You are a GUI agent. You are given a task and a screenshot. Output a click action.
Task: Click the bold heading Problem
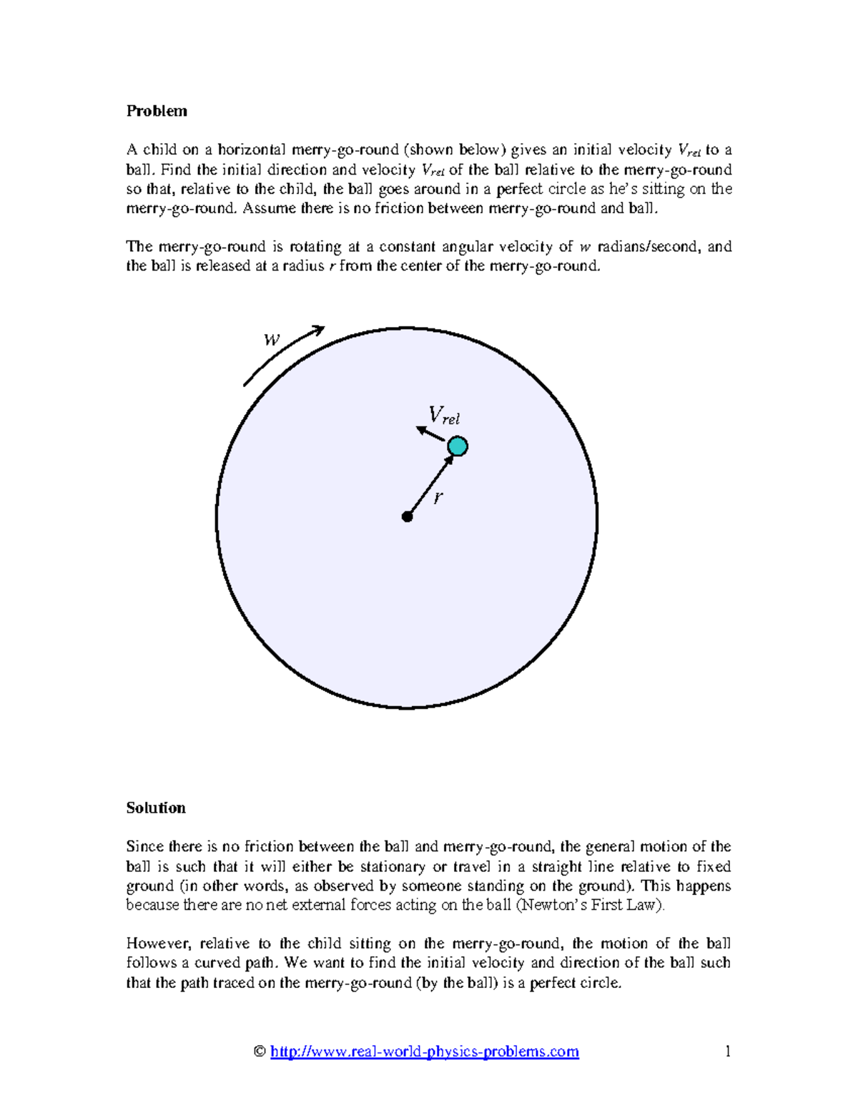coord(157,111)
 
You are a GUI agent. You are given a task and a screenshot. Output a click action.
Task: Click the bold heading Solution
coord(156,808)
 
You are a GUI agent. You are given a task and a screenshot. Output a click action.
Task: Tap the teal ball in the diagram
coord(458,446)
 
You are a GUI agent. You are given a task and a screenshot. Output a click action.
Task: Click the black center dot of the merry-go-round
coord(407,517)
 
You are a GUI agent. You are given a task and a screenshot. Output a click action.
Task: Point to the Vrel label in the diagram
coord(443,416)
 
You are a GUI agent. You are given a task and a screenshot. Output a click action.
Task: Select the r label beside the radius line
coord(438,497)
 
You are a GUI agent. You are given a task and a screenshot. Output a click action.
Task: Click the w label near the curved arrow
coord(272,340)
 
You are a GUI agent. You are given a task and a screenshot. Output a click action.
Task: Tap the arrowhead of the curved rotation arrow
coord(318,330)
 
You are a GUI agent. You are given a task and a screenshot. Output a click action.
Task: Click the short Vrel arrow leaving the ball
coord(430,434)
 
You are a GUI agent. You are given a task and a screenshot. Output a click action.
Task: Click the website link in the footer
coord(425,1052)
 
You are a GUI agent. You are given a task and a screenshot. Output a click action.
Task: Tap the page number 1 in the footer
coord(728,1052)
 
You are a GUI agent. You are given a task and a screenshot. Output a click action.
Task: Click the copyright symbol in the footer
coord(260,1052)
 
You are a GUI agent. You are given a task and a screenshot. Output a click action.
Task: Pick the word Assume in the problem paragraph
coord(270,208)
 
